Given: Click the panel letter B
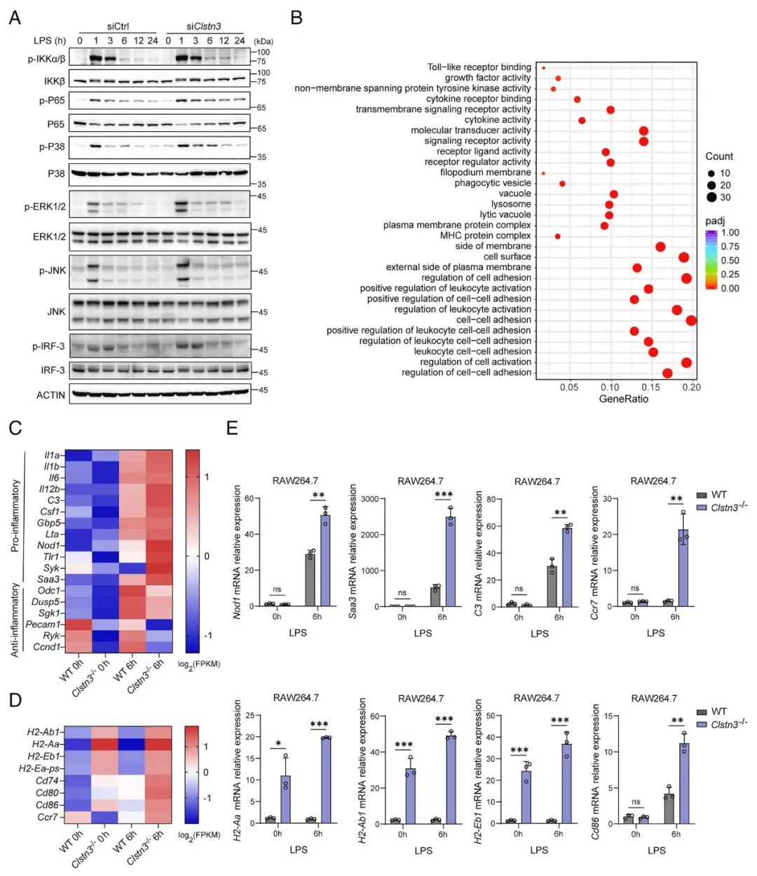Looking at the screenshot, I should [296, 18].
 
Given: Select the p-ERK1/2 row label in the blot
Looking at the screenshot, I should [45, 207].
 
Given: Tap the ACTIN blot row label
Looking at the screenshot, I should [50, 395].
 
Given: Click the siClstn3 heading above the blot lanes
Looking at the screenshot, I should [203, 27].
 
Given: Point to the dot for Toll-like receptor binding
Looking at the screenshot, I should [543, 68].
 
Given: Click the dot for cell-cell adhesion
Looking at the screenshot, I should [691, 320].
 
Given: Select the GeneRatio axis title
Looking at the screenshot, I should [623, 399].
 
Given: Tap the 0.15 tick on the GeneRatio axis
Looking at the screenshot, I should [651, 387].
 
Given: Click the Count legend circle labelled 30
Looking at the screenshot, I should [711, 197].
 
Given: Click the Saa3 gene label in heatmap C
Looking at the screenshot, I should [49, 580].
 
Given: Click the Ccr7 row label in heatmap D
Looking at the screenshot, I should [48, 817].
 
